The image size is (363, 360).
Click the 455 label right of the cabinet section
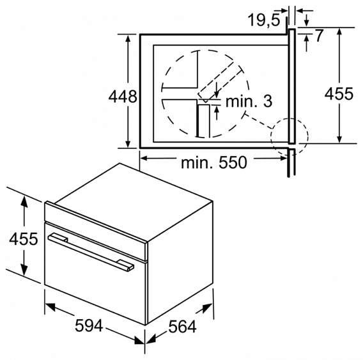pos(339,95)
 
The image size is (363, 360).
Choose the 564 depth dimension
pos(182,326)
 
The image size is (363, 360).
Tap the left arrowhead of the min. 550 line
pos(144,156)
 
